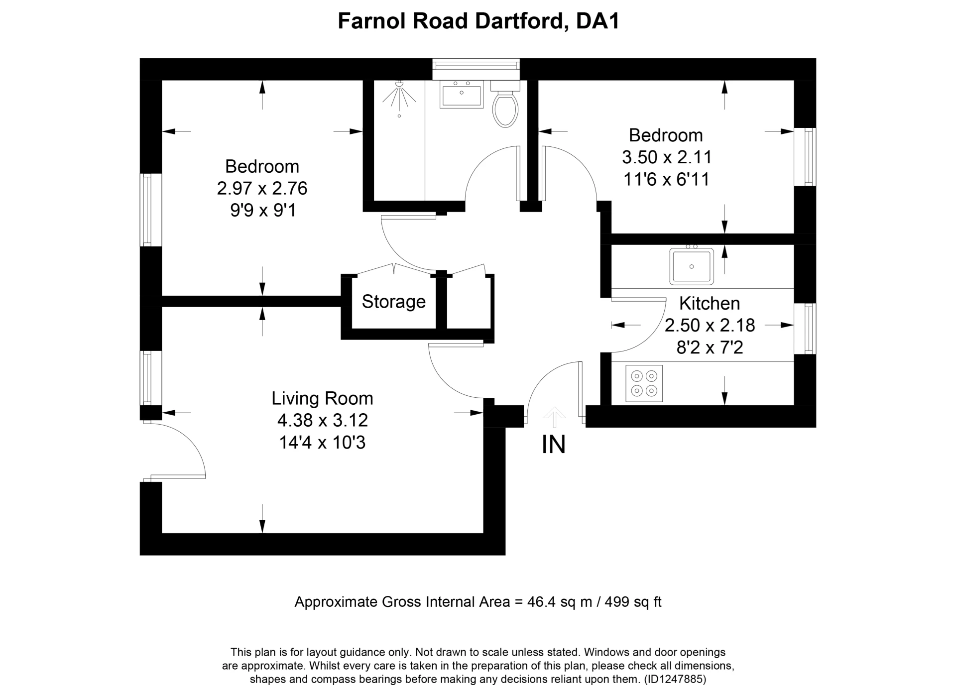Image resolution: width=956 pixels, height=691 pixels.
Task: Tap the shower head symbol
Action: pos(399,95)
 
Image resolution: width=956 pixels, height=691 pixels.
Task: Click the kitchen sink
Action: pos(691,266)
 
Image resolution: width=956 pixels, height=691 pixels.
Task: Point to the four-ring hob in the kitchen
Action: pos(644,384)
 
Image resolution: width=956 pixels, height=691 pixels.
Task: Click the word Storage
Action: pos(393,302)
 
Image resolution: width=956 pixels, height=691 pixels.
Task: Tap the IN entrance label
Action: pos(553,445)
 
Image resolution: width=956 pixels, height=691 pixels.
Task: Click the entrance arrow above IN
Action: pos(554,417)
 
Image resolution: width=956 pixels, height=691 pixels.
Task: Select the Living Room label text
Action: pos(322,398)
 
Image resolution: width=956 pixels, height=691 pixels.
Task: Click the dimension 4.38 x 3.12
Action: pos(322,420)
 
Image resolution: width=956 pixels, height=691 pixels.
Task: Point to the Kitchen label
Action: pos(709,303)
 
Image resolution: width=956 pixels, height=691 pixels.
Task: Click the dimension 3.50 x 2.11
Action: pos(666,157)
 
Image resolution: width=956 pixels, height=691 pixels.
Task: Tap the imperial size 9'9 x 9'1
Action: pos(263,211)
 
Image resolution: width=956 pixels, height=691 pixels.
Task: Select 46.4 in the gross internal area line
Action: pos(542,602)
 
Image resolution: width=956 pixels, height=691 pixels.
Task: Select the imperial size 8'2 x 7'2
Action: pos(710,347)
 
